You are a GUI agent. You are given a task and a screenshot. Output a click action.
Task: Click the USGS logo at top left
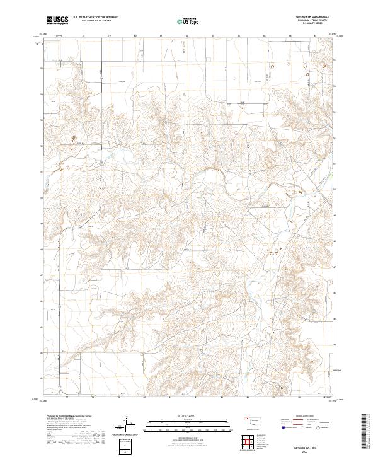57,20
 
